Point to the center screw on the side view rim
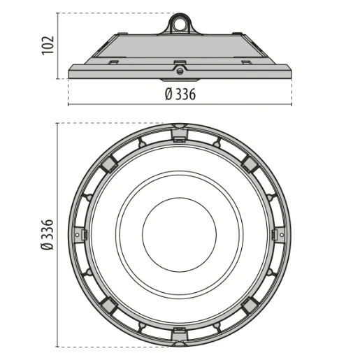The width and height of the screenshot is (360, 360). pyautogui.click(x=180, y=70)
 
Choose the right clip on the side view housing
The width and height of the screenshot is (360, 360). pyautogui.click(x=245, y=63)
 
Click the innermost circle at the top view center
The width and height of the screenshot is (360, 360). pyautogui.click(x=180, y=235)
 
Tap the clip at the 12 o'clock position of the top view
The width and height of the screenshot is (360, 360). pyautogui.click(x=180, y=134)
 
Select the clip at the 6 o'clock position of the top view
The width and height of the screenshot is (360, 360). pyautogui.click(x=180, y=337)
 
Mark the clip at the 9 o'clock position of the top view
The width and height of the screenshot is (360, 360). pyautogui.click(x=78, y=235)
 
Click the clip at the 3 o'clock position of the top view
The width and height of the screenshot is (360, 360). pyautogui.click(x=281, y=235)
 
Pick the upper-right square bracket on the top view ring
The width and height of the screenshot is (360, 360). pyautogui.click(x=250, y=163)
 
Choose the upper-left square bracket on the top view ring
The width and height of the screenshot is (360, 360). pyautogui.click(x=108, y=163)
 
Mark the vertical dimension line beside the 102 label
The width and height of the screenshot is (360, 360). pyautogui.click(x=59, y=45)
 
